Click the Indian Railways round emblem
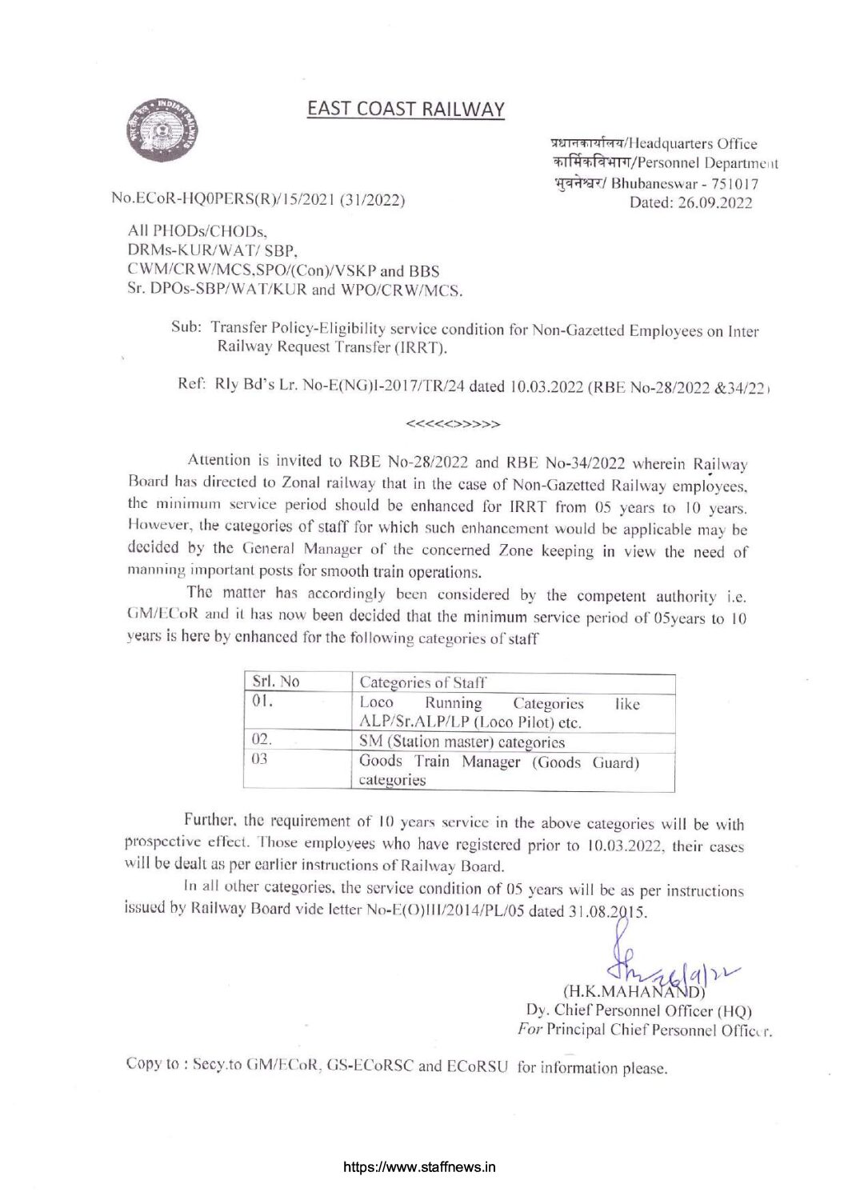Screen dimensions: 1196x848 [x=163, y=130]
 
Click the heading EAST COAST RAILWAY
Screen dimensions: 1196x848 [x=406, y=109]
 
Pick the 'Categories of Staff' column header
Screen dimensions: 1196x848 [x=423, y=682]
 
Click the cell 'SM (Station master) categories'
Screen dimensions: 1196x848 [x=462, y=742]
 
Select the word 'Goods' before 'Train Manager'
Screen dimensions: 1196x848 [x=381, y=762]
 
